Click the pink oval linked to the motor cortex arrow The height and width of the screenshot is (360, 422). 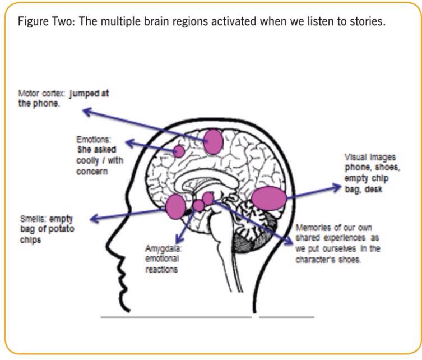214,141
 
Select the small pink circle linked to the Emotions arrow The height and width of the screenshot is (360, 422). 179,151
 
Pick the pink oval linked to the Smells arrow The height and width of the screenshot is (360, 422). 175,206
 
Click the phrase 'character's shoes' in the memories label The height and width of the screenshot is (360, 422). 337,260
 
